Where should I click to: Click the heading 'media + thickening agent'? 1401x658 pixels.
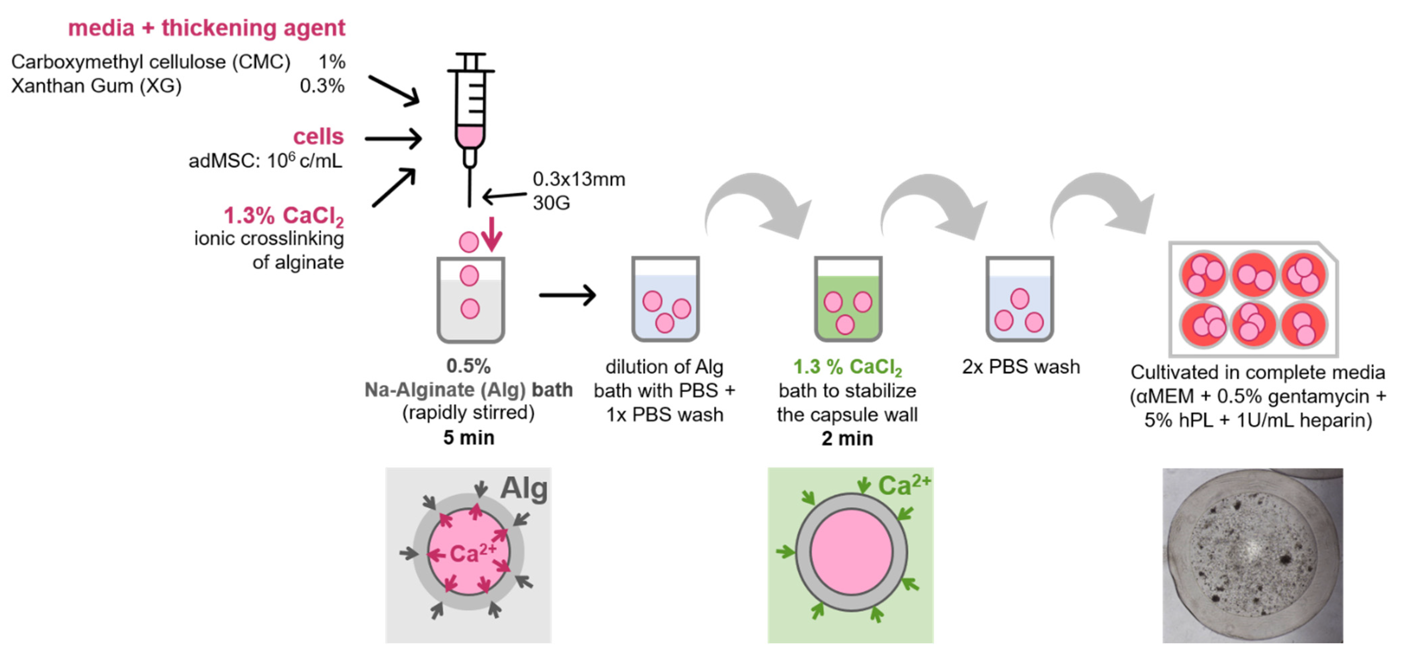(206, 28)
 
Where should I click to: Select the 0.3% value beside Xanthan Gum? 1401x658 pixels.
(322, 86)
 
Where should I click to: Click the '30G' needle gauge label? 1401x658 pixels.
(551, 203)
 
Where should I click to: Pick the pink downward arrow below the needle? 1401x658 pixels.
(492, 234)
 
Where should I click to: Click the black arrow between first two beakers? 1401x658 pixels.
(567, 295)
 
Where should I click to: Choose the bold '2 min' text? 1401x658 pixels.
(847, 438)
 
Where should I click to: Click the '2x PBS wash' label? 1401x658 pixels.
(1020, 367)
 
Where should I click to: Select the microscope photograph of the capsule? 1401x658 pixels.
(1253, 555)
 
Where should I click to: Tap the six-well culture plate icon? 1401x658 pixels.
(1253, 299)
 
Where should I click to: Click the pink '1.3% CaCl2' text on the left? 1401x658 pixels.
(283, 216)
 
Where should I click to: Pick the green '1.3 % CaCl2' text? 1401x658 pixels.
(847, 367)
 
